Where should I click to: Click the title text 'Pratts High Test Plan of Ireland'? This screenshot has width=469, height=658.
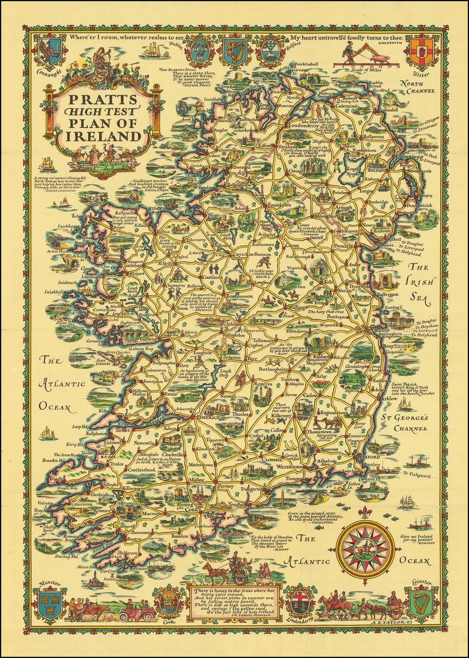(x=103, y=118)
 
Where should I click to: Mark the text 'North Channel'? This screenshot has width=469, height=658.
(x=416, y=87)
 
